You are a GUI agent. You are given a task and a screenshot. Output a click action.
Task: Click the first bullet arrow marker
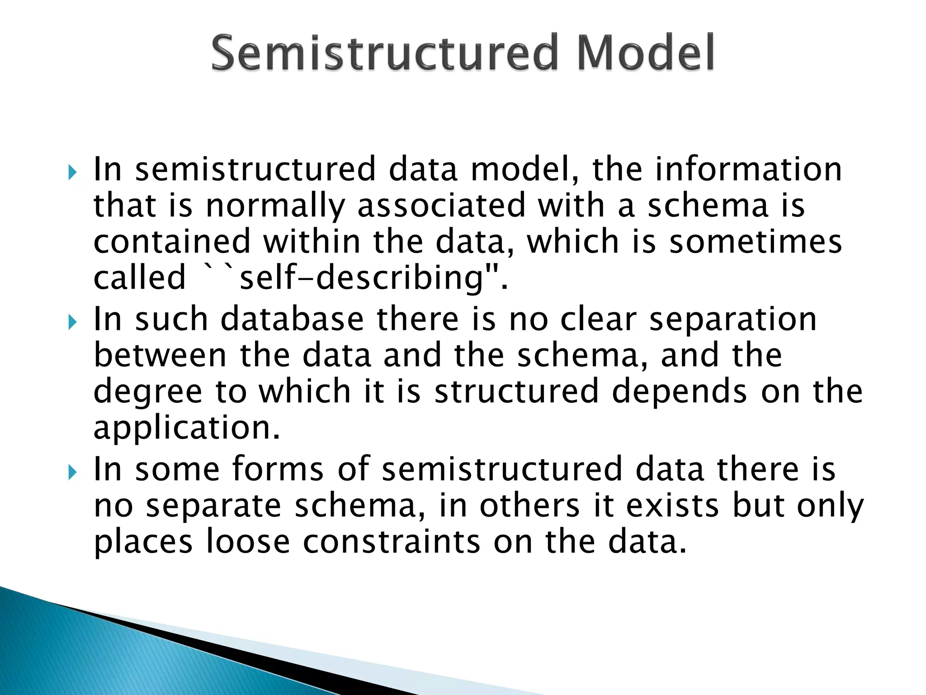(x=73, y=172)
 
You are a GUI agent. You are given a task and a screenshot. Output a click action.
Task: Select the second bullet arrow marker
(x=73, y=323)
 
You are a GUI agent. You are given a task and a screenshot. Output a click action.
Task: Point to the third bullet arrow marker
(x=73, y=473)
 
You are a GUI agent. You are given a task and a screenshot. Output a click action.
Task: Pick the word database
(x=292, y=319)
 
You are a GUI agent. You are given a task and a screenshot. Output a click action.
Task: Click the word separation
(x=733, y=319)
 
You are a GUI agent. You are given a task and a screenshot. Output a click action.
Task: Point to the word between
(x=160, y=355)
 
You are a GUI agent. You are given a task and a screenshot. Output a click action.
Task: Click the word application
(x=186, y=428)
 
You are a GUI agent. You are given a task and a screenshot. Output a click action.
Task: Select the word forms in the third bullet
(x=278, y=469)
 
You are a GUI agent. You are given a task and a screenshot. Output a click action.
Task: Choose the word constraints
(x=391, y=542)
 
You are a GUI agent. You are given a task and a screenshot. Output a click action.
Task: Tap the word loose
(x=248, y=542)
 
